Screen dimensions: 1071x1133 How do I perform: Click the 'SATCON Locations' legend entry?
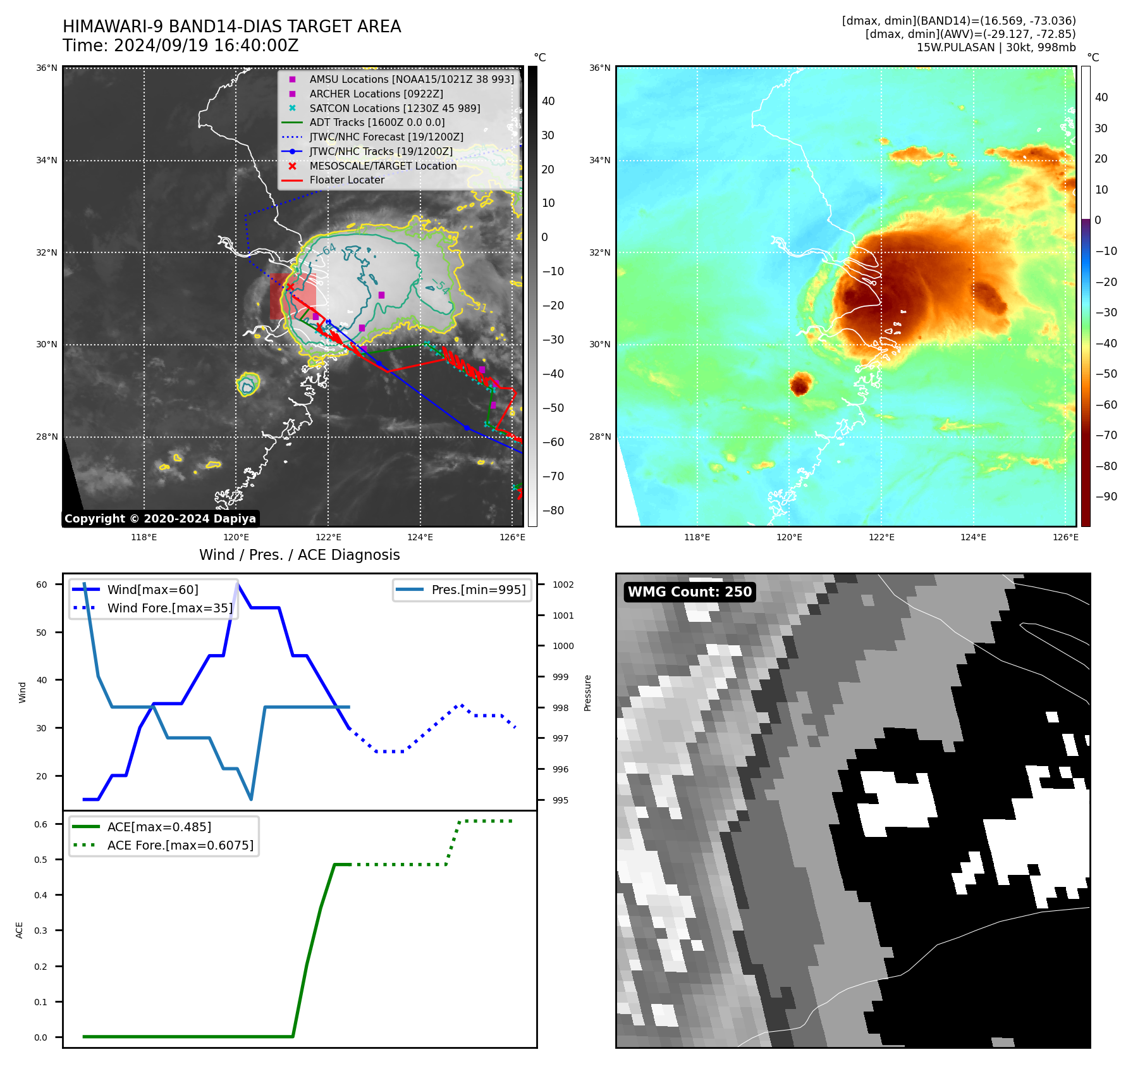coord(395,108)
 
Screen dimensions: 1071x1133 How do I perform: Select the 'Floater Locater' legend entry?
coord(346,180)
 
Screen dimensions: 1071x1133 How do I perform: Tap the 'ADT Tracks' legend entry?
coord(377,123)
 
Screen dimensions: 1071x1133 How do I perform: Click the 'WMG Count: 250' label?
coord(689,592)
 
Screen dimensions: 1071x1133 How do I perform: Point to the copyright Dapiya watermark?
coord(160,519)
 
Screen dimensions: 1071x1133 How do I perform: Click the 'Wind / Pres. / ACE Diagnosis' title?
coord(299,555)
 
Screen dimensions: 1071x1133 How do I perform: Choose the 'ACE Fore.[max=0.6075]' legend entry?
coord(180,845)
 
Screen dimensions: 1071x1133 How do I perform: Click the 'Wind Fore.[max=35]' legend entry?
coord(169,608)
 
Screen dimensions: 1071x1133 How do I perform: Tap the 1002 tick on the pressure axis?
coord(563,585)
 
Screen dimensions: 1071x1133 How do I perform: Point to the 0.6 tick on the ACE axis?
coord(41,824)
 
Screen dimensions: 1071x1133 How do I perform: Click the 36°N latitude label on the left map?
coord(47,68)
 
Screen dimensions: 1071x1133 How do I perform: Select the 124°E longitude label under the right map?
coord(973,537)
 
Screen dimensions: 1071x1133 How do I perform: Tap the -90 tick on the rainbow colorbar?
coord(1106,497)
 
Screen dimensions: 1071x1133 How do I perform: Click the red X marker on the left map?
coord(290,287)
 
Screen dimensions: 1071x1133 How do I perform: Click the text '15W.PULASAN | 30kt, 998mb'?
coord(996,47)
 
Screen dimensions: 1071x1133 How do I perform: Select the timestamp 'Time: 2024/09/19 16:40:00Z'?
coord(180,46)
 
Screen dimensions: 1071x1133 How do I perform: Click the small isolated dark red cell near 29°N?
coord(800,383)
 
